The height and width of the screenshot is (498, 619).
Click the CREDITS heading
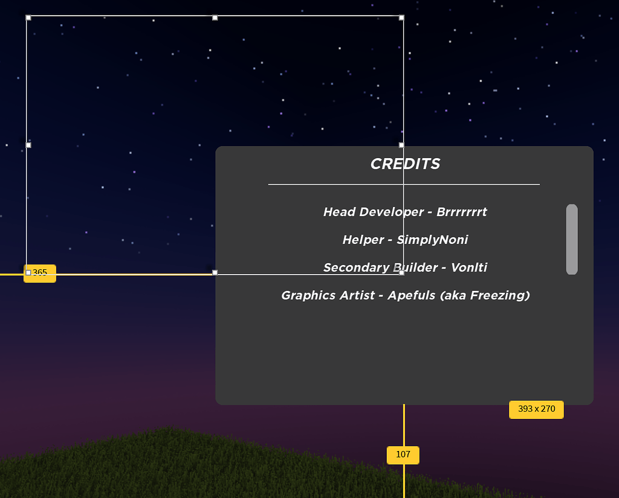(x=405, y=164)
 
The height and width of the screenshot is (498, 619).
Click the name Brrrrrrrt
(x=462, y=212)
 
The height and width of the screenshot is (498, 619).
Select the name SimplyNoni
(x=432, y=240)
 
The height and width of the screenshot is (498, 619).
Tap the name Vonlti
(x=469, y=267)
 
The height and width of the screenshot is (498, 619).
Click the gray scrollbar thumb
(x=572, y=239)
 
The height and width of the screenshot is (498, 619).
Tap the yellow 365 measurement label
(x=40, y=273)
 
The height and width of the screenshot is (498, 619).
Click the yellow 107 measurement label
(x=403, y=455)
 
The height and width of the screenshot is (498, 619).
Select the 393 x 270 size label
(x=536, y=409)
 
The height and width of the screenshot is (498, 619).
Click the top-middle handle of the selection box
(x=215, y=18)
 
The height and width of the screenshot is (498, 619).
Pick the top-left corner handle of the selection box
(x=28, y=18)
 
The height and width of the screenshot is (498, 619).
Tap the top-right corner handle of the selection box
(x=401, y=18)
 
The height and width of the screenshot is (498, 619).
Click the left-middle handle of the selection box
(x=28, y=145)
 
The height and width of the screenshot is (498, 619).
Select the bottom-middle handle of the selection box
(x=215, y=273)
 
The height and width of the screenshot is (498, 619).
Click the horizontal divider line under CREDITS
(x=404, y=184)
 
